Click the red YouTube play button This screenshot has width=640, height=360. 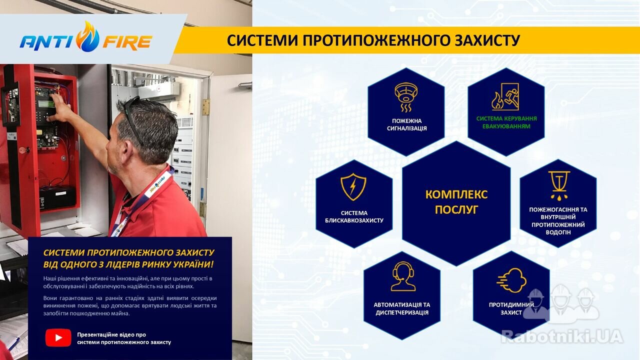[58, 337]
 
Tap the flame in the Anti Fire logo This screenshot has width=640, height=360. [88, 37]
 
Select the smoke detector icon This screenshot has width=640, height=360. [406, 97]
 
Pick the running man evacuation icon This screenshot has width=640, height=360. [505, 96]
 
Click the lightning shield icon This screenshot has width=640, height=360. [353, 186]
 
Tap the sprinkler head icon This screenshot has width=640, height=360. [559, 185]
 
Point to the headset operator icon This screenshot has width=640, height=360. [403, 276]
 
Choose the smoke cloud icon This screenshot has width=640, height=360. [511, 280]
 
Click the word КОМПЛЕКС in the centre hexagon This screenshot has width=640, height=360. [456, 194]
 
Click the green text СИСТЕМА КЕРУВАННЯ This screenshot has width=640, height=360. [506, 118]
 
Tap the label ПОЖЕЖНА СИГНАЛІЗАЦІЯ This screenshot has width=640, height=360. [407, 124]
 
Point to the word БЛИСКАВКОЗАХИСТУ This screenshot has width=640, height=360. [354, 220]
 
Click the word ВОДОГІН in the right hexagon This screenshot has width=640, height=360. [558, 232]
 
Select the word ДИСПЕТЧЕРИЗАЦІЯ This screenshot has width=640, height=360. [402, 312]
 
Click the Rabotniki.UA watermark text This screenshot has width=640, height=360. [562, 336]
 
